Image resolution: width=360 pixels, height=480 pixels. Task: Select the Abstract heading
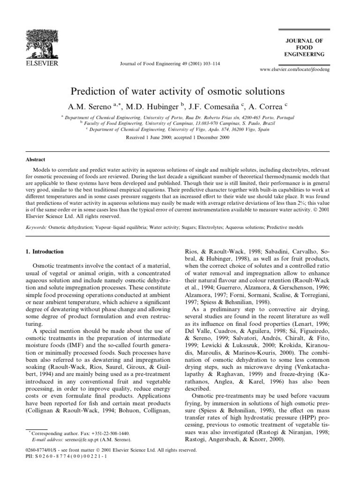[x=35, y=159]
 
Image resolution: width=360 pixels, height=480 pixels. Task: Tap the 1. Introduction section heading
[x=47, y=252]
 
